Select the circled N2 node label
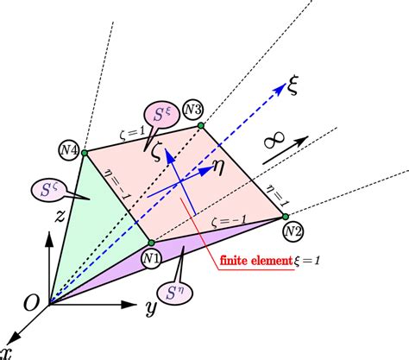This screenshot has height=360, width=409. coord(293,231)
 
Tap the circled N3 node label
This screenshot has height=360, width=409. coord(192,110)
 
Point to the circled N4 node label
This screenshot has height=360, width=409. coord(68,150)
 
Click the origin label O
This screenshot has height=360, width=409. coord(30,301)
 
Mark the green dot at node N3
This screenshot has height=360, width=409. coord(201,125)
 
